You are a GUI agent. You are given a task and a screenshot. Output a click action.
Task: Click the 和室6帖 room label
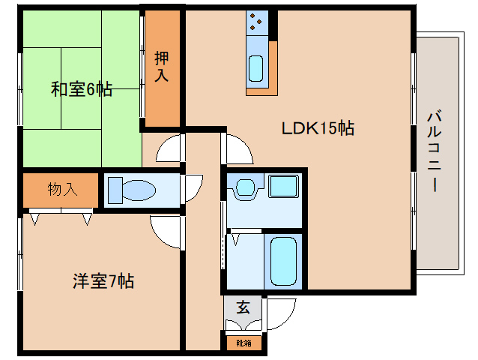[x=82, y=90]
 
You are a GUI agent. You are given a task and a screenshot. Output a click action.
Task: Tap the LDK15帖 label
[x=318, y=127]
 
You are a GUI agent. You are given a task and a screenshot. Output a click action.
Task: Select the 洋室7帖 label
[x=103, y=282]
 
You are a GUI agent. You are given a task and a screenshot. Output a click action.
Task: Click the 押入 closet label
[x=162, y=66]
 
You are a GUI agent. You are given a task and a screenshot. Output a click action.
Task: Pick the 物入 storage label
[x=62, y=189]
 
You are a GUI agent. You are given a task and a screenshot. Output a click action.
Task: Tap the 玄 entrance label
[x=243, y=307]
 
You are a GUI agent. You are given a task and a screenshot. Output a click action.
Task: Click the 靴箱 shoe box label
[x=244, y=343]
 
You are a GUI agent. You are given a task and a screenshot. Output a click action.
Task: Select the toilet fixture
[x=131, y=190]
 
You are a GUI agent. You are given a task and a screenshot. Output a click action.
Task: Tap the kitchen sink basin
[x=255, y=69]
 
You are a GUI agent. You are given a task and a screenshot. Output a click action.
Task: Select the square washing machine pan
[x=283, y=187]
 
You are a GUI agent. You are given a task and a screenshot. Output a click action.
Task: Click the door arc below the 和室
[x=169, y=148]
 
